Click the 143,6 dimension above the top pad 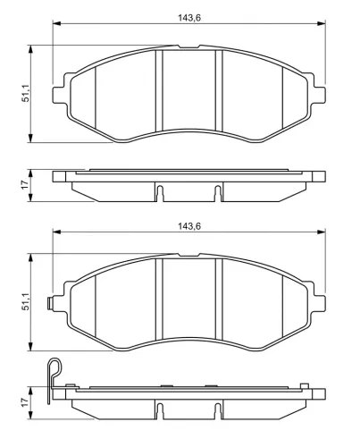[x=189, y=18]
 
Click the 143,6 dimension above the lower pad [x=189, y=226]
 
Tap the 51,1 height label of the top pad [x=26, y=93]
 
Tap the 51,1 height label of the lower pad [x=26, y=301]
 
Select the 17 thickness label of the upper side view [x=26, y=184]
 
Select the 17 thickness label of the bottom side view [x=26, y=401]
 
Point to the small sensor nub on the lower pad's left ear [x=50, y=304]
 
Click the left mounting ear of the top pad [x=59, y=96]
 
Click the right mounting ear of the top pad [x=319, y=96]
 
